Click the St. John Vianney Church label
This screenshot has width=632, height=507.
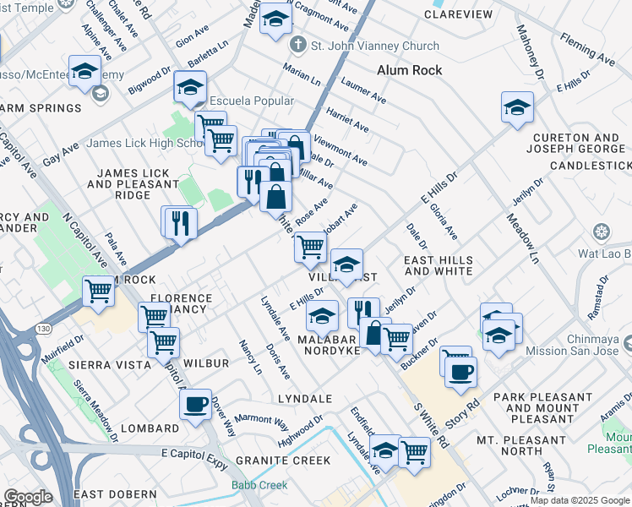point(373,46)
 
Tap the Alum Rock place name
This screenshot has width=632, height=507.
point(409,71)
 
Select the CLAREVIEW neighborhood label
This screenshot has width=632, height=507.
point(458,15)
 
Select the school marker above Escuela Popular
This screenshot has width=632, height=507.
point(191,86)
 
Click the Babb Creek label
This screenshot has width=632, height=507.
point(259,485)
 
